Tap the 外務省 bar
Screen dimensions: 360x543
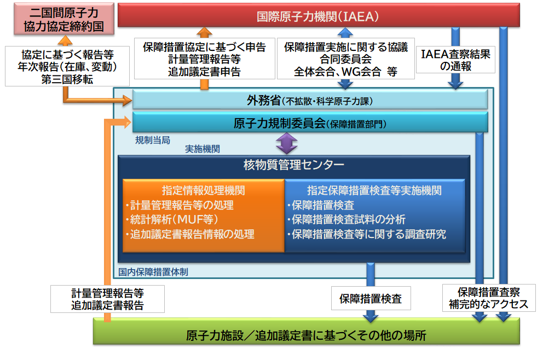[310, 100]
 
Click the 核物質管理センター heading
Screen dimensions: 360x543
[294, 164]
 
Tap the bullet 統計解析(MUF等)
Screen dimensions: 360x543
[175, 219]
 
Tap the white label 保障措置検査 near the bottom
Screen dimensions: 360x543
[370, 299]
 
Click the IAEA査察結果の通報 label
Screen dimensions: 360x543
[455, 60]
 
